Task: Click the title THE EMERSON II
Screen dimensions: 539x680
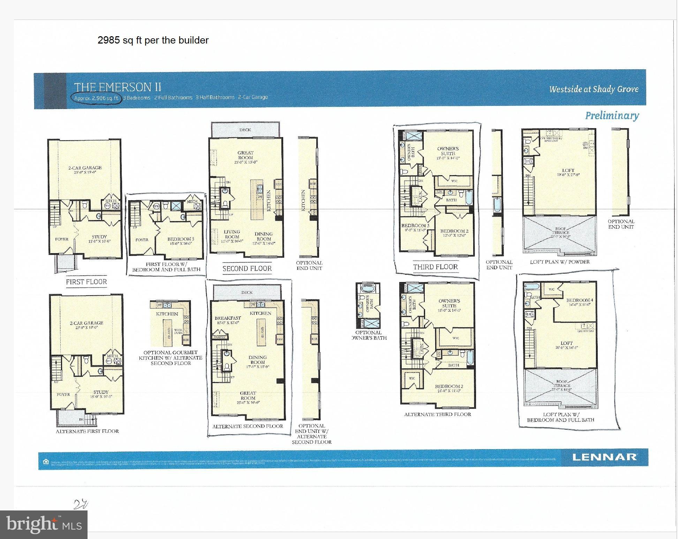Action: pos(118,87)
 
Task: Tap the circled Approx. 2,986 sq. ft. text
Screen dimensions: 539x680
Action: pos(97,98)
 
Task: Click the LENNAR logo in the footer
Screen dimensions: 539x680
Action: pos(604,457)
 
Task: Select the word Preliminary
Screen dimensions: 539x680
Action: pos(612,116)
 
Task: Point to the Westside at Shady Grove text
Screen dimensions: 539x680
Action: pos(594,89)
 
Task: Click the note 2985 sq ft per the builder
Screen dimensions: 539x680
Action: pos(153,40)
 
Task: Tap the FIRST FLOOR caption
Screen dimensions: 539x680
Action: pos(86,282)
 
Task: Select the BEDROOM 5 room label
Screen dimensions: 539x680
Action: pos(180,239)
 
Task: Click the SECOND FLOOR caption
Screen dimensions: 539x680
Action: pos(247,268)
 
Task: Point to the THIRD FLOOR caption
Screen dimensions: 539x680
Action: pos(435,267)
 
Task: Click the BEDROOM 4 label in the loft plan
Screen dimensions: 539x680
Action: pos(579,300)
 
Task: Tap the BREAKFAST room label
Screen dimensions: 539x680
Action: pos(227,318)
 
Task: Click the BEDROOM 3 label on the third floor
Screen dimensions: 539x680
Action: pos(415,226)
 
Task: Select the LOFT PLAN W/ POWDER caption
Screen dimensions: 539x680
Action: pos(559,262)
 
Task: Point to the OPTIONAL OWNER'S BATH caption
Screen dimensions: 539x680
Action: pos(369,335)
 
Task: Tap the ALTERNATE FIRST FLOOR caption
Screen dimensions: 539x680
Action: pos(87,431)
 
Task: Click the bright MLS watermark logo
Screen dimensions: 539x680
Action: pos(44,524)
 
